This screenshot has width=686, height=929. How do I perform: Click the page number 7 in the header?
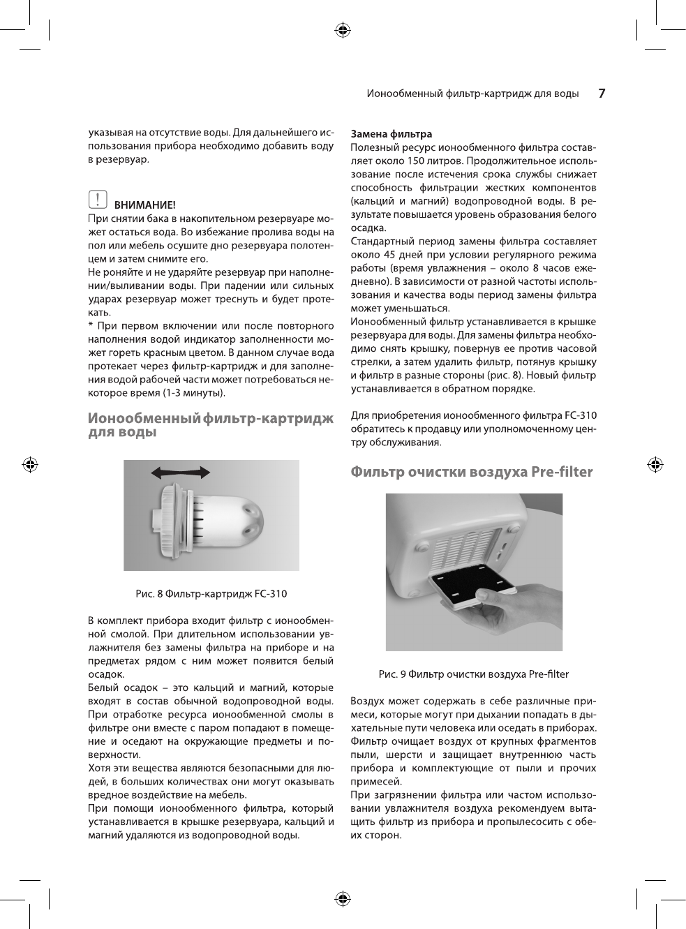(x=602, y=94)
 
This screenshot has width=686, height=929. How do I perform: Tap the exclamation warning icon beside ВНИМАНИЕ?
(x=98, y=200)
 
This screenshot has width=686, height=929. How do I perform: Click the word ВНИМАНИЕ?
(x=145, y=205)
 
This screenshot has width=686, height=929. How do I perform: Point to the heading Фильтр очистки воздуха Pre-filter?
(x=471, y=473)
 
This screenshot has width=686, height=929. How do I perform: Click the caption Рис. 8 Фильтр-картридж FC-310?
(x=211, y=594)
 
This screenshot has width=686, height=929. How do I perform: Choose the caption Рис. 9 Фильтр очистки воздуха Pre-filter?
(x=473, y=674)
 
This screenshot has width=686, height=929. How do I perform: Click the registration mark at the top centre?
(x=342, y=30)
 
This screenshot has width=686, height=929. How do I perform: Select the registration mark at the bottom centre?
(x=342, y=898)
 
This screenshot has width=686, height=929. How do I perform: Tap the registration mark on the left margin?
(x=30, y=463)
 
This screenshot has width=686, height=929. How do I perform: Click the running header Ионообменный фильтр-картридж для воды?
(x=472, y=94)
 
